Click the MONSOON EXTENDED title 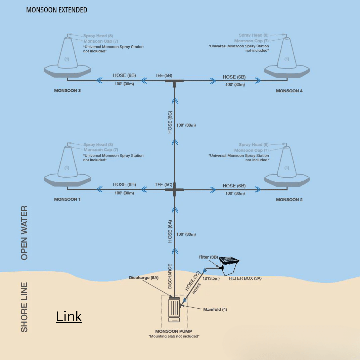click(57, 10)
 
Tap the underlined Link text click(69, 316)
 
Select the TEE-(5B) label click(164, 76)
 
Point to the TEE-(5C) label click(164, 184)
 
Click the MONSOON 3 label click(67, 91)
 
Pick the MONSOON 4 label click(289, 91)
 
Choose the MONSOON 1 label click(67, 199)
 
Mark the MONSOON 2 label click(289, 200)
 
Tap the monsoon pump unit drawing click(174, 310)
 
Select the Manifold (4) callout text click(215, 310)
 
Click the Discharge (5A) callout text click(144, 278)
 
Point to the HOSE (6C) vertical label click(170, 122)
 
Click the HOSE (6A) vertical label click(170, 231)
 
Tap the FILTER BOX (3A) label click(245, 278)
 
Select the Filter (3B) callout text click(208, 257)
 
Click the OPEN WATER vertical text click(24, 233)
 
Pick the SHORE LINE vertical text click(24, 307)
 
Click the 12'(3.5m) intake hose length click(211, 277)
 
